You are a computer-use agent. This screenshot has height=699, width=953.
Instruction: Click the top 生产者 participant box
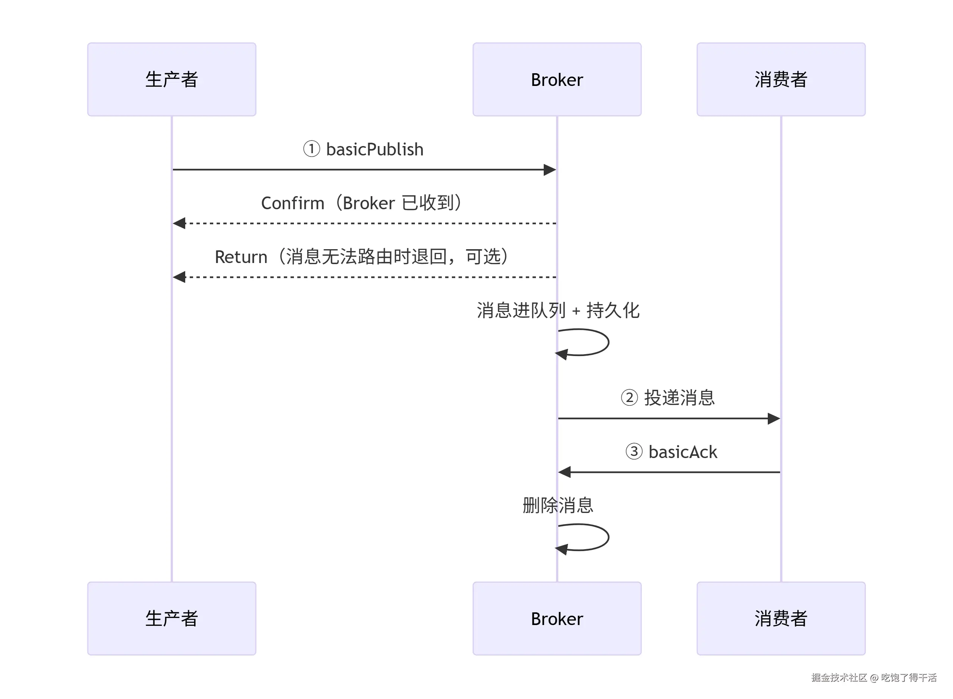tap(172, 79)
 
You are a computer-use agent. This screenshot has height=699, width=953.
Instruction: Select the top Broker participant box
tap(557, 79)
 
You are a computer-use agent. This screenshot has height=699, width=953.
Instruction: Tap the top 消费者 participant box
tap(781, 79)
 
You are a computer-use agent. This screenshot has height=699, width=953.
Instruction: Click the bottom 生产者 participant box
tap(172, 618)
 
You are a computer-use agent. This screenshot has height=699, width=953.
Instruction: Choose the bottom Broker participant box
tap(557, 618)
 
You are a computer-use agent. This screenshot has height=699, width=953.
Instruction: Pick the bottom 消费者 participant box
tap(781, 618)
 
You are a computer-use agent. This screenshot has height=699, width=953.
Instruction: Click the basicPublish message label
tap(363, 149)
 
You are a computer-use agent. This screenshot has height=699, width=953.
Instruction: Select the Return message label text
tap(362, 257)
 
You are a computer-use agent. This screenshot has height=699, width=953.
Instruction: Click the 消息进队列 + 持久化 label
tap(558, 310)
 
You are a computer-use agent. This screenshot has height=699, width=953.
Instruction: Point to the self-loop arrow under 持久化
tap(608, 342)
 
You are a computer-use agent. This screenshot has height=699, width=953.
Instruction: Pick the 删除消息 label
tap(558, 505)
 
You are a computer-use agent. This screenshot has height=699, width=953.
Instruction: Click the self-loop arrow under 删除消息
tap(608, 537)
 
